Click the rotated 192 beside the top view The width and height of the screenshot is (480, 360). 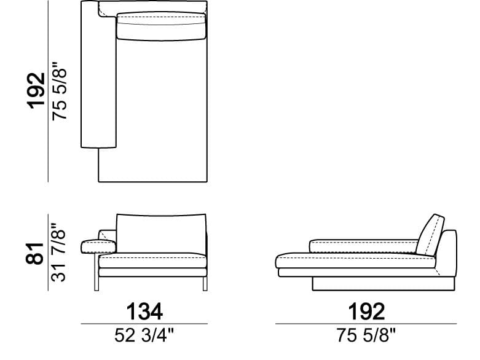point(37,90)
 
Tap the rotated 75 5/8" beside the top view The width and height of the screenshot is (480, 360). point(59,91)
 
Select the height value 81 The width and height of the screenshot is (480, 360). point(34,253)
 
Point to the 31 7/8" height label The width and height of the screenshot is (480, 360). point(58,252)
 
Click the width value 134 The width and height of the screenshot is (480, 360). point(144,311)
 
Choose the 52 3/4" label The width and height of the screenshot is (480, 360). point(144,335)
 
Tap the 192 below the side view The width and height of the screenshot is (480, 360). point(366,311)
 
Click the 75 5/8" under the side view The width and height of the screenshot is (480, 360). point(366,335)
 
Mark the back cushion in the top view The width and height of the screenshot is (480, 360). point(161,26)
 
